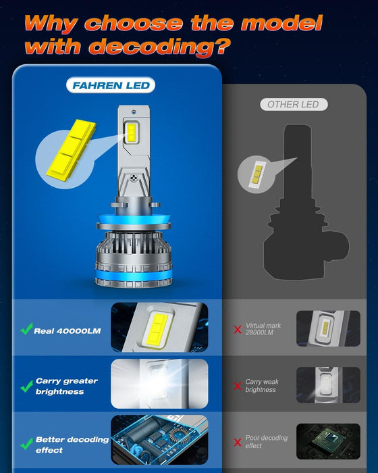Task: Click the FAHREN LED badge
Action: coord(111,85)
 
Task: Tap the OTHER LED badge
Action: coord(294,104)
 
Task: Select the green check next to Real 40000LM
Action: coord(26,330)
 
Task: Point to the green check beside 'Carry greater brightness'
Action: coord(26,387)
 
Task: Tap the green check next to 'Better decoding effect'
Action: coord(26,444)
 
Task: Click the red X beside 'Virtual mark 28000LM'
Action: coord(237,330)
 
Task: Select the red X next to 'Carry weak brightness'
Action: coord(237,387)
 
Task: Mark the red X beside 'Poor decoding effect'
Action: coord(237,443)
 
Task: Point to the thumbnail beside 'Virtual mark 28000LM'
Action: coord(323,329)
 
